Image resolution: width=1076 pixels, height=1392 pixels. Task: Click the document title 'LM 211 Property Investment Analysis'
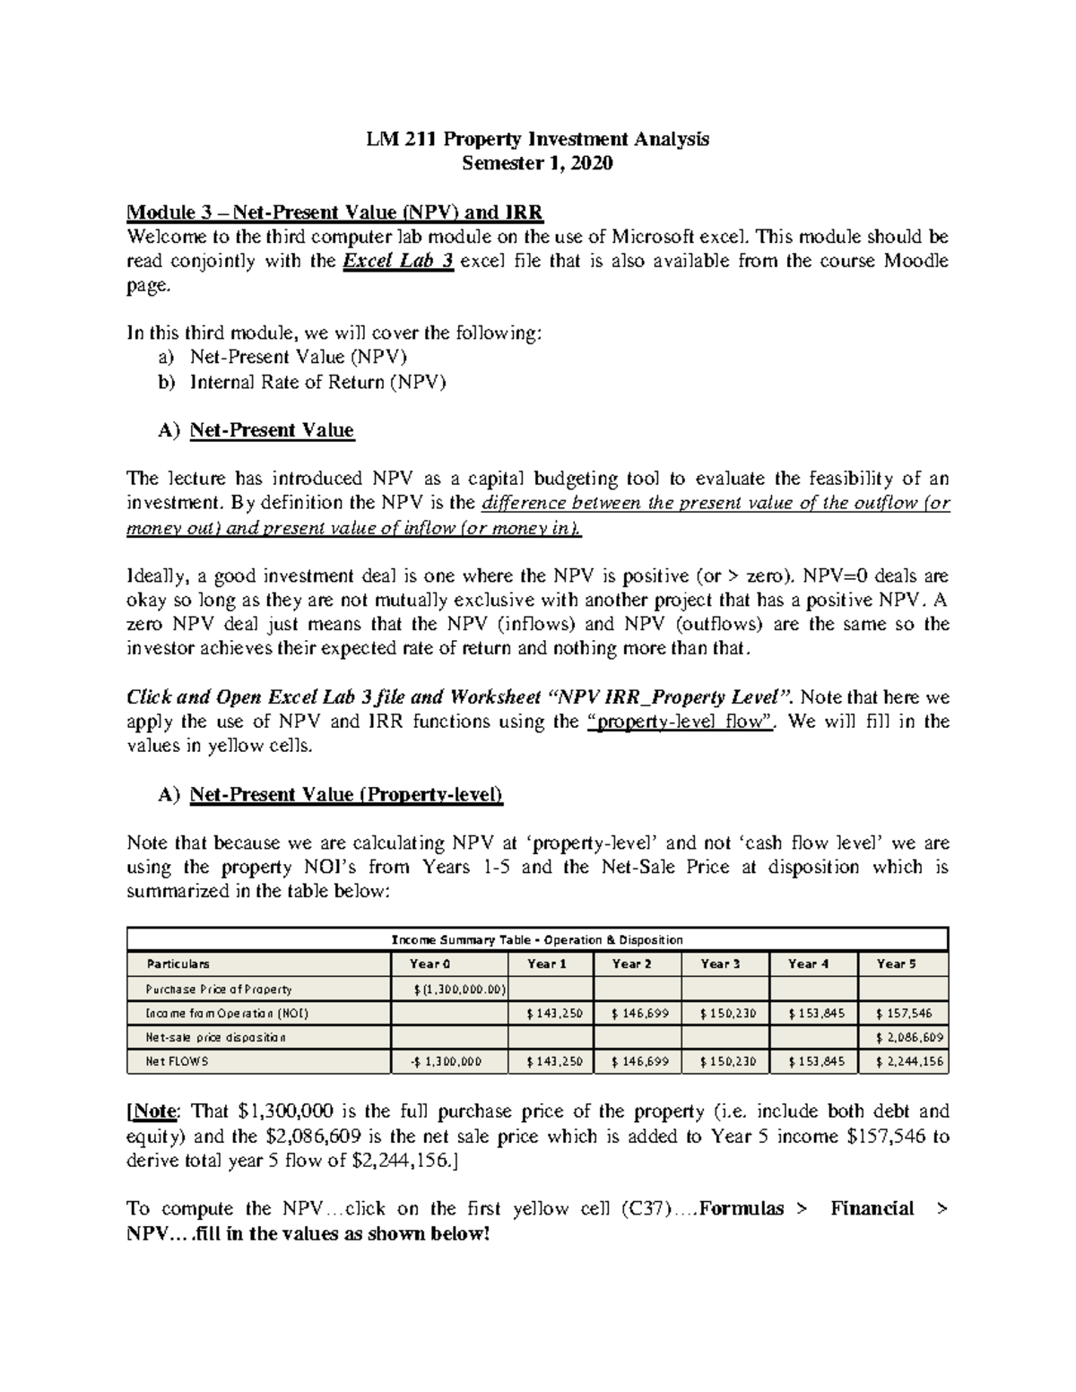click(537, 139)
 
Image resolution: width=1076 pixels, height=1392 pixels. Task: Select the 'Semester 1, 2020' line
click(537, 163)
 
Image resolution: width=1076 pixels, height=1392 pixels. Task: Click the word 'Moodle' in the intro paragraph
click(916, 262)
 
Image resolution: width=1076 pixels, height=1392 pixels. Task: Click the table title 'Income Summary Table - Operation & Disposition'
click(537, 940)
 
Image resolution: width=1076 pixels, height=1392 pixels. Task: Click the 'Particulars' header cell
click(178, 964)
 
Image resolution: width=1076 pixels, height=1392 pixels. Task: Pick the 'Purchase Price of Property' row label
click(219, 990)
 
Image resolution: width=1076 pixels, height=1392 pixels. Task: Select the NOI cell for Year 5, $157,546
click(904, 1014)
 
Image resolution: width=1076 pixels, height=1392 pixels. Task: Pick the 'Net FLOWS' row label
click(177, 1062)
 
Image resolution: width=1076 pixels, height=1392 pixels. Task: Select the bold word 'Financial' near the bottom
click(872, 1209)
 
